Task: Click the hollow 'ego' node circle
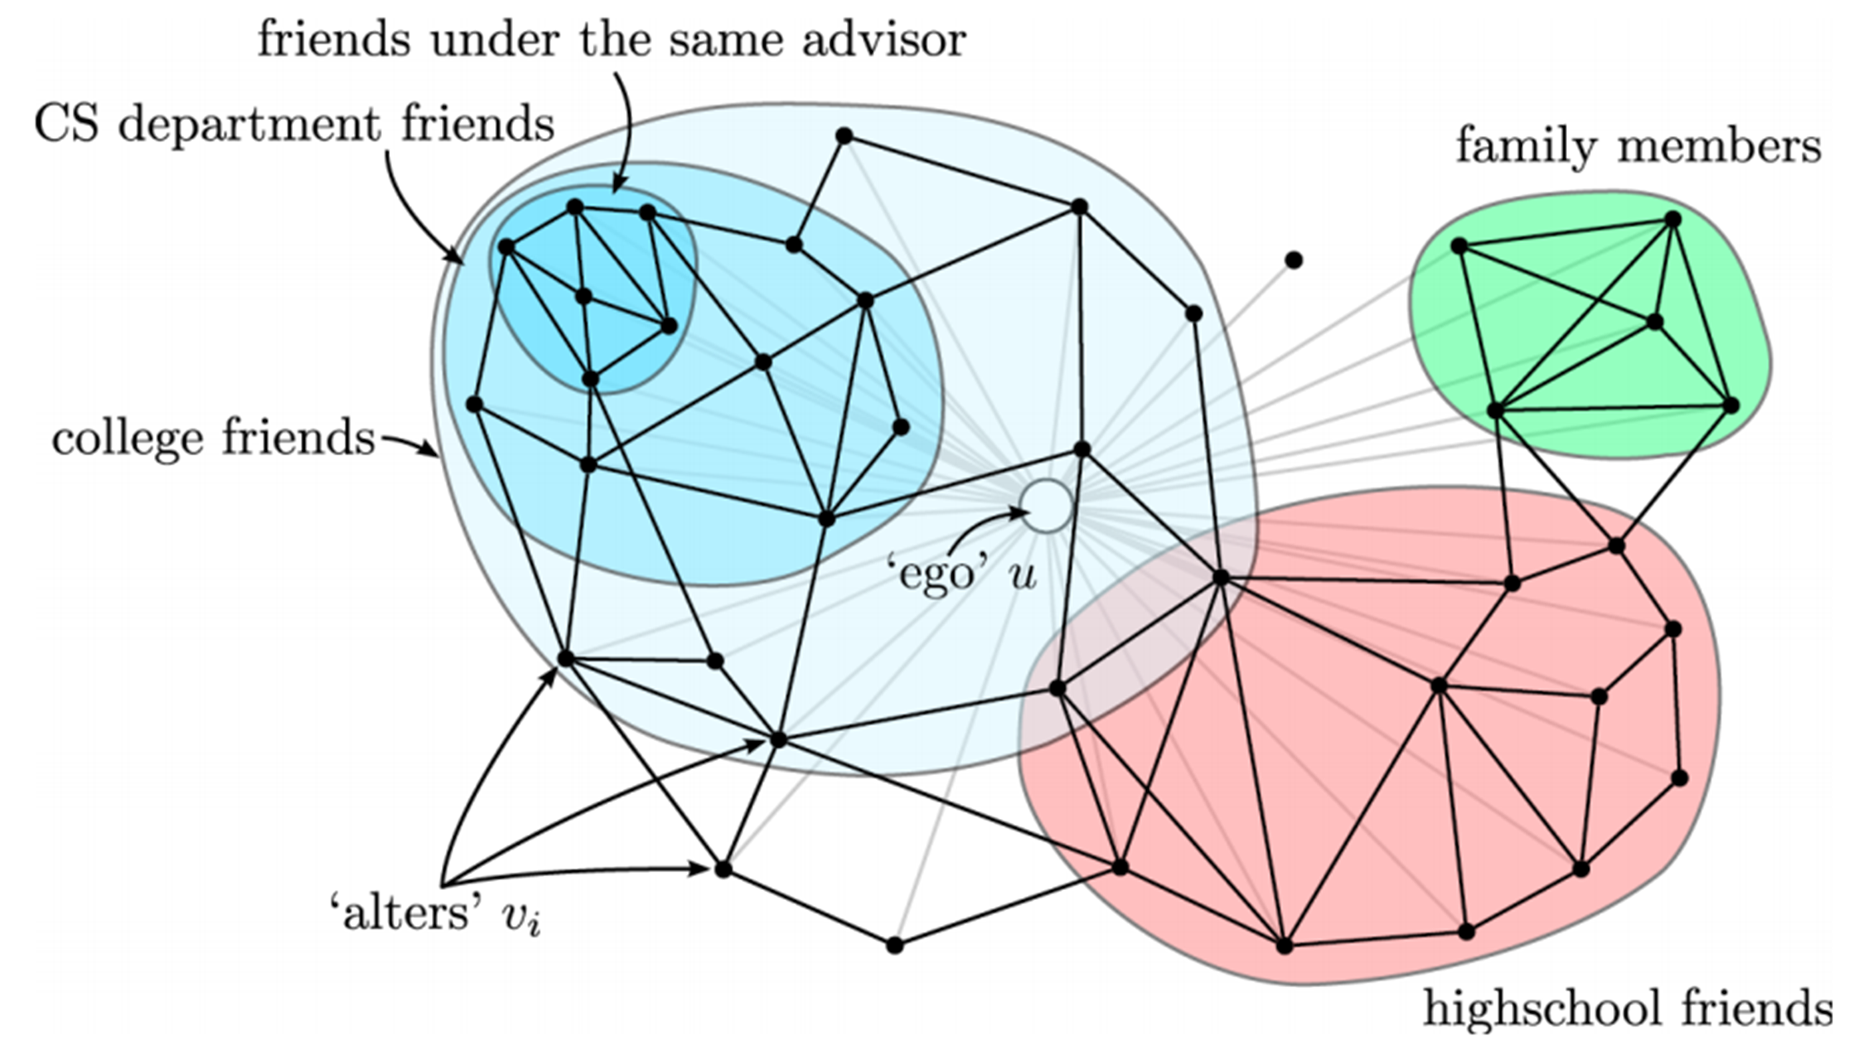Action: [1046, 506]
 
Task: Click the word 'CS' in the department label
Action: [66, 124]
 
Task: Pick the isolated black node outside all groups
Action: [1294, 260]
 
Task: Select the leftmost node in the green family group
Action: [1458, 246]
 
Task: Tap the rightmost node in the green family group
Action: [1731, 406]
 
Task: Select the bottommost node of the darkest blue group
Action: [591, 379]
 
